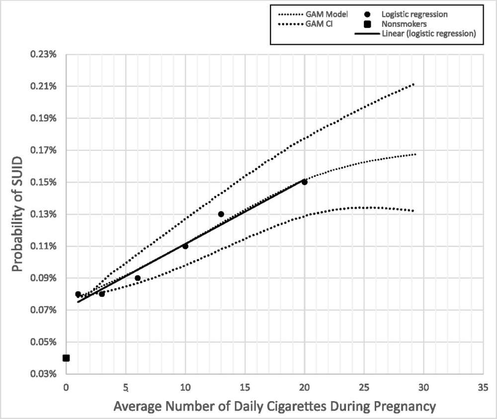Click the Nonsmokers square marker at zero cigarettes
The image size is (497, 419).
[66, 358]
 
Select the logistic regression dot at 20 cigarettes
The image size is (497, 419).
[304, 182]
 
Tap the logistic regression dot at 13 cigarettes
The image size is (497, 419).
[221, 214]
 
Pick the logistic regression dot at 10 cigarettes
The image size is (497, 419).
[185, 246]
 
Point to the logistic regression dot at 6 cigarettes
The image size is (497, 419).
[138, 278]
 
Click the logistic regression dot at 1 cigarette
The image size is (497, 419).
[78, 294]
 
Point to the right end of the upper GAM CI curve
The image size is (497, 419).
[414, 84]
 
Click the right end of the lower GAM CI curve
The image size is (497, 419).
[413, 210]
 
